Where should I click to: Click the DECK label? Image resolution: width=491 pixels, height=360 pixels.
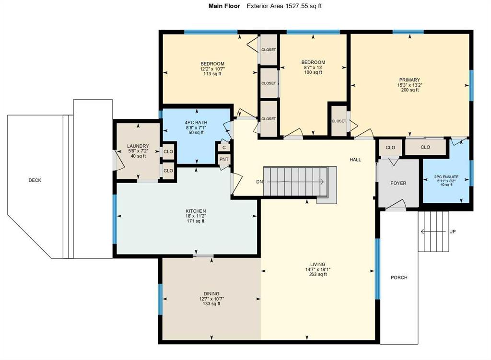35,180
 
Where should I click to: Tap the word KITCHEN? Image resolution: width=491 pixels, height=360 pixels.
196,211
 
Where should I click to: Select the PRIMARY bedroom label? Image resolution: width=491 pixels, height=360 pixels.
409,80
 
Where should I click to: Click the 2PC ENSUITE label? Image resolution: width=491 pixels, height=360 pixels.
446,177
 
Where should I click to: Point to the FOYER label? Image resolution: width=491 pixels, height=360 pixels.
398,183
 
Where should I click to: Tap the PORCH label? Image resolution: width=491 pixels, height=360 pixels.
399,278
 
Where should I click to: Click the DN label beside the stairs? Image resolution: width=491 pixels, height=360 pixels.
259,182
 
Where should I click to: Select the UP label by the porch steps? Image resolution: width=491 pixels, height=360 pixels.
452,232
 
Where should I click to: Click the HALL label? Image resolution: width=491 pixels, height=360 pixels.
355,160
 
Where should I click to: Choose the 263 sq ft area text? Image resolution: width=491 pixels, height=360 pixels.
317,275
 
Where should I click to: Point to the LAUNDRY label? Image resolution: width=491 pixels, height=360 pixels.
138,146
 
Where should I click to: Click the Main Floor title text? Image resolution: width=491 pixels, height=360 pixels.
222,6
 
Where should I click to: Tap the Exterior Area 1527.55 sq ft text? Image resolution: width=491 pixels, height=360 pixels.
287,6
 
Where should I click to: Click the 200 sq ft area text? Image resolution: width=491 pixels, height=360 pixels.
409,90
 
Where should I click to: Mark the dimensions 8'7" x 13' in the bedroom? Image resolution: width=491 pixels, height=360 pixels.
313,68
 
